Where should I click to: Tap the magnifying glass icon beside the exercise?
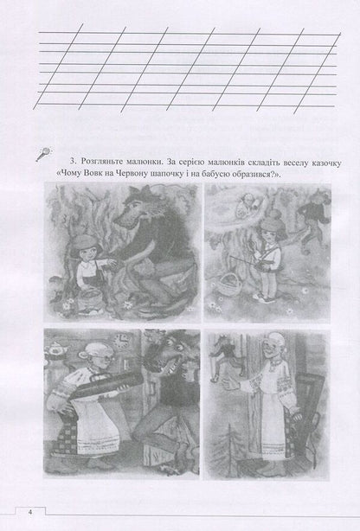click(x=42, y=154)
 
